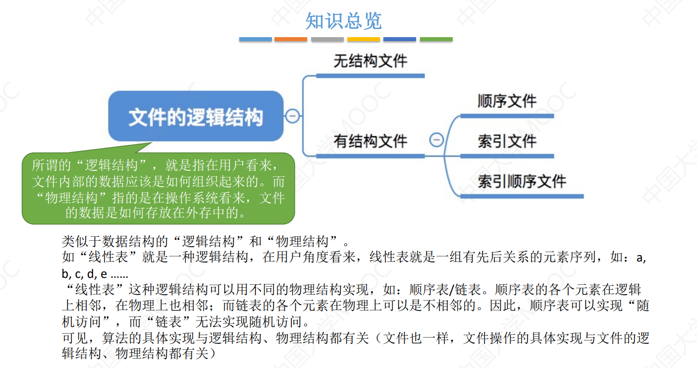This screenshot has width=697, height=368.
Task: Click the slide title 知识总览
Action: click(x=343, y=21)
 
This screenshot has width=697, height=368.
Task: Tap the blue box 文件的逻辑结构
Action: click(x=196, y=117)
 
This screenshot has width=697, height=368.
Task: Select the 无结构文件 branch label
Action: click(x=370, y=61)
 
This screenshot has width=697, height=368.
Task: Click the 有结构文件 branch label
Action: click(x=370, y=142)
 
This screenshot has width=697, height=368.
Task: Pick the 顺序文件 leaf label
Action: click(x=507, y=102)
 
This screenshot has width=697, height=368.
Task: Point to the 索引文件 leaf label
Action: click(x=507, y=142)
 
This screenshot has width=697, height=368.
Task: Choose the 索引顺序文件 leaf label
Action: click(x=522, y=181)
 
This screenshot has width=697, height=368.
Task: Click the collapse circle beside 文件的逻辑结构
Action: click(x=292, y=116)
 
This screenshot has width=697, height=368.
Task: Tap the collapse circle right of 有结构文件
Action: click(x=436, y=140)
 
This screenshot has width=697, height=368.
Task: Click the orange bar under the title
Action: click(x=291, y=39)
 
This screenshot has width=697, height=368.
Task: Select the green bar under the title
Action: click(x=436, y=39)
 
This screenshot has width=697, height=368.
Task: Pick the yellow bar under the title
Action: click(x=364, y=39)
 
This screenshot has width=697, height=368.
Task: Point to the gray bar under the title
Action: click(x=327, y=39)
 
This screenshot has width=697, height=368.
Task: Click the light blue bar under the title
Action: click(x=255, y=39)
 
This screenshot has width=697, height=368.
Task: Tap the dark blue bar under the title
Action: click(x=400, y=39)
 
